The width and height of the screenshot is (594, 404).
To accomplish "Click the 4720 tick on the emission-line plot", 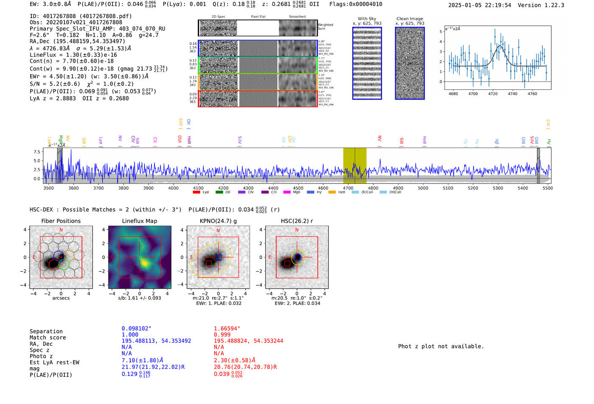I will pyautogui.click(x=493, y=94).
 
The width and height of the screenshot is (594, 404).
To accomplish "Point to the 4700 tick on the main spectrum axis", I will pyautogui.click(x=348, y=188).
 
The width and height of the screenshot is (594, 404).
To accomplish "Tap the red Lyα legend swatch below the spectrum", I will pyautogui.click(x=196, y=192).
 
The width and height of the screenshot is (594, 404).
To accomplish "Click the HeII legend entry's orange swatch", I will pyautogui.click(x=332, y=192).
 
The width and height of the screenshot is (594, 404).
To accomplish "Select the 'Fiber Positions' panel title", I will pyautogui.click(x=61, y=221).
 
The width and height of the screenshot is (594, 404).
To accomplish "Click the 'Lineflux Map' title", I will pyautogui.click(x=139, y=221).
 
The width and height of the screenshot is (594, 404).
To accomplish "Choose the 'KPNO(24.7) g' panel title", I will pyautogui.click(x=218, y=221).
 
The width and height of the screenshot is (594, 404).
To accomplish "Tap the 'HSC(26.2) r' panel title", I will pyautogui.click(x=297, y=221).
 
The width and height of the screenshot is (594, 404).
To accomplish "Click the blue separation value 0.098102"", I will pyautogui.click(x=136, y=329).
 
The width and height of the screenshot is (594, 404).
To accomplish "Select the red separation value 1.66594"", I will pyautogui.click(x=227, y=329).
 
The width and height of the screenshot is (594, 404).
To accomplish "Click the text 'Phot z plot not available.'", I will pyautogui.click(x=441, y=346).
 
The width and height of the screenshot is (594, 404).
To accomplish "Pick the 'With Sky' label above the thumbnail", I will pyautogui.click(x=367, y=19).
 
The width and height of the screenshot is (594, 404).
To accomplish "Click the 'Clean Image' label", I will pyautogui.click(x=409, y=19).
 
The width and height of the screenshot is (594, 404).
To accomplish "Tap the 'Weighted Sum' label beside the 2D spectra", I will pyautogui.click(x=325, y=27).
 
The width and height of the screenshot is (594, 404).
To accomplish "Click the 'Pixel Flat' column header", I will pyautogui.click(x=258, y=17).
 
